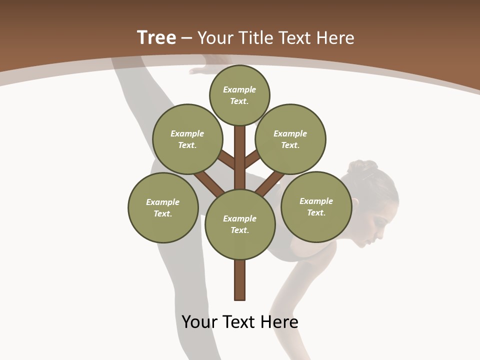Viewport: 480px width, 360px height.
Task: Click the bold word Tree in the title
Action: [156, 37]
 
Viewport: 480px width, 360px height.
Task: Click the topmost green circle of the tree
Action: [239, 95]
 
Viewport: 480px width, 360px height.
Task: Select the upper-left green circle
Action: [187, 139]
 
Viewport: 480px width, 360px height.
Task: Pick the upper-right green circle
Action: [290, 139]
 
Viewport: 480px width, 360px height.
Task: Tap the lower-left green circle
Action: [163, 207]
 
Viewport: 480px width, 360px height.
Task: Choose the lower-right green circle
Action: [316, 206]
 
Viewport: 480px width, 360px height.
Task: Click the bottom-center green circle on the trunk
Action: [240, 224]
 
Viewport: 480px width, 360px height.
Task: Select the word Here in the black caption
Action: [280, 322]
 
